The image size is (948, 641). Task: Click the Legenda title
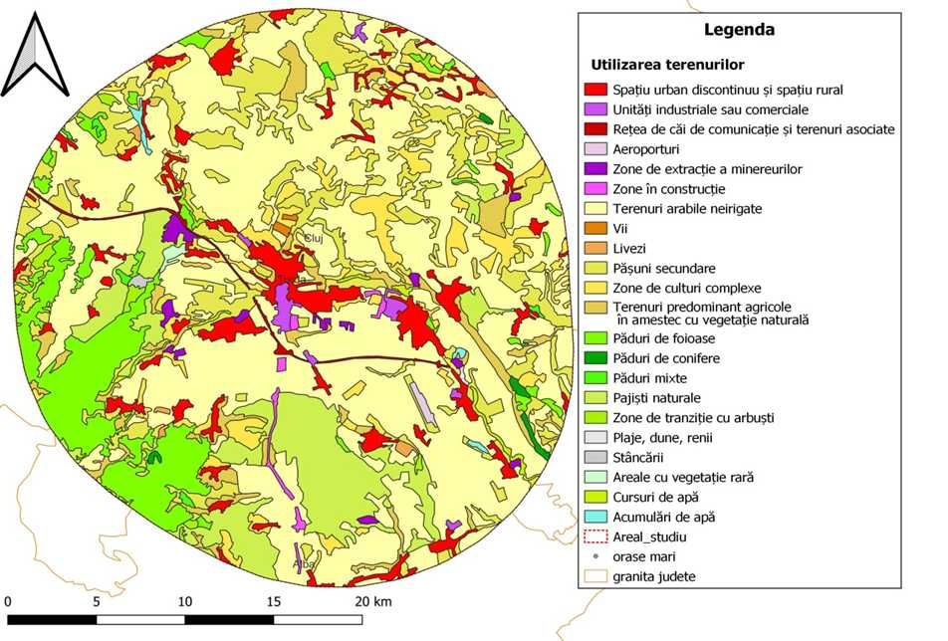(x=739, y=30)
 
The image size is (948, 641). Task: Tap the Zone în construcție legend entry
(x=669, y=189)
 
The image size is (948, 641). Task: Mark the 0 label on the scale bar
(x=8, y=602)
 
